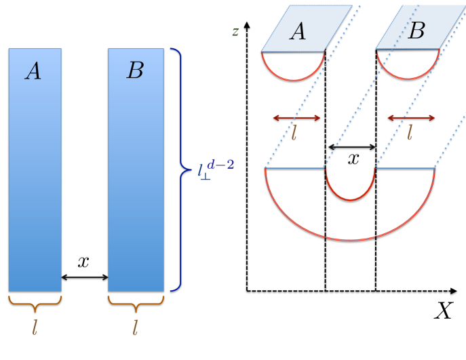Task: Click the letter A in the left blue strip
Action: pos(33,71)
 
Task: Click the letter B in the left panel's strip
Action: pos(135,71)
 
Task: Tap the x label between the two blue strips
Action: pos(84,262)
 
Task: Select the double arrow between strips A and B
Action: pos(85,277)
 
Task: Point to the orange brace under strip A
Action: pos(35,300)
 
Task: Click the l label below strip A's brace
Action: pos(35,328)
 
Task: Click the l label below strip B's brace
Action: pos(135,328)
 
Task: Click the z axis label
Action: pos(235,31)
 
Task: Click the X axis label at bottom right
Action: pos(443,311)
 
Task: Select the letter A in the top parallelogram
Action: pos(296,31)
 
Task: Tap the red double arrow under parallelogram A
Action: pos(296,118)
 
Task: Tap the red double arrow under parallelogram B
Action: pos(410,118)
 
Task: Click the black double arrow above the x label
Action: pos(351,146)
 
